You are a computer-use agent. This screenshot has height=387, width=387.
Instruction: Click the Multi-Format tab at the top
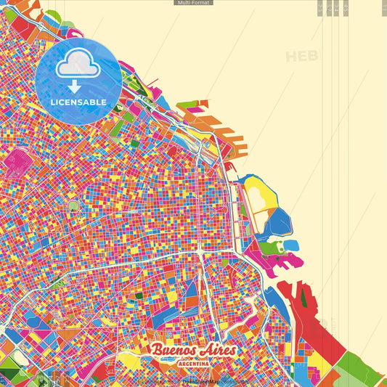click(193, 3)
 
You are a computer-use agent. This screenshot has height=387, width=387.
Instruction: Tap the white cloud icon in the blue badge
click(78, 66)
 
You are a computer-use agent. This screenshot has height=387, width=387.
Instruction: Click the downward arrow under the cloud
click(78, 85)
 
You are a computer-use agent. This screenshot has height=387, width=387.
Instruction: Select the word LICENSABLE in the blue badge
click(78, 102)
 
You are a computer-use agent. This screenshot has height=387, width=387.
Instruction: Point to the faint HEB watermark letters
click(301, 57)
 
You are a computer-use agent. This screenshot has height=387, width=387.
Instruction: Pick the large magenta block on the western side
click(17, 159)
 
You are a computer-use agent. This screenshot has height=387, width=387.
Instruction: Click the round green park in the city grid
click(73, 206)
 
